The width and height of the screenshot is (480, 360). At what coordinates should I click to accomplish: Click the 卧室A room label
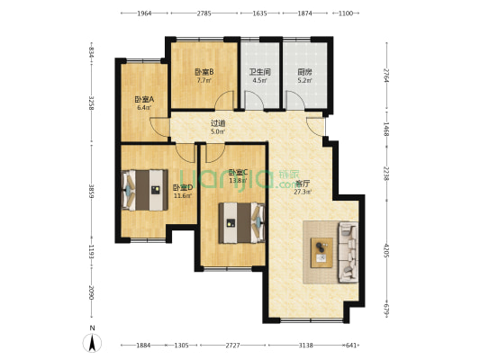[x=144, y=99]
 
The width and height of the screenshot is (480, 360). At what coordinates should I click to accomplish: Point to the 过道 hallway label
[x=218, y=123]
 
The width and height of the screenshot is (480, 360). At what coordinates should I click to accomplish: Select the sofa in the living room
[x=348, y=248]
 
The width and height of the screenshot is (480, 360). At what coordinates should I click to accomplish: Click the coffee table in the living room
[x=321, y=249]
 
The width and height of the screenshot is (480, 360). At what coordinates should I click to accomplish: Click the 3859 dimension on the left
[x=91, y=191]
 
